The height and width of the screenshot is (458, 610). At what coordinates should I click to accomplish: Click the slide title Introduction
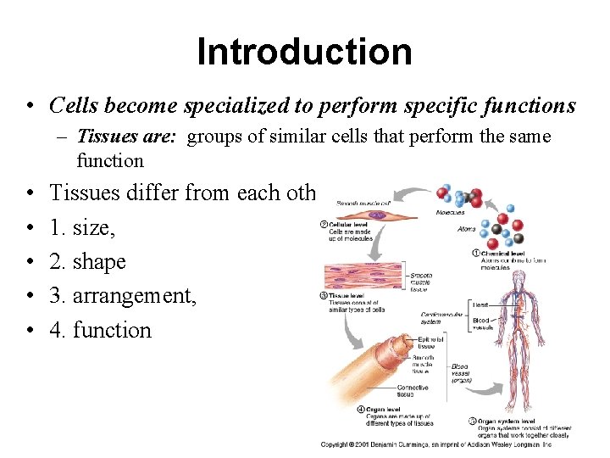tap(304, 51)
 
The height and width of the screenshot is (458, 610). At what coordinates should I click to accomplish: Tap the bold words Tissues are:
tap(126, 137)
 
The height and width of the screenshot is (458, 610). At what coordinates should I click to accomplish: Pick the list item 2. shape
tap(87, 262)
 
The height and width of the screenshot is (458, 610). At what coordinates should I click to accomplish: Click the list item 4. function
tap(100, 331)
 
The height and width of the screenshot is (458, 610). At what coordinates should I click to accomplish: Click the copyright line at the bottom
tap(435, 444)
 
